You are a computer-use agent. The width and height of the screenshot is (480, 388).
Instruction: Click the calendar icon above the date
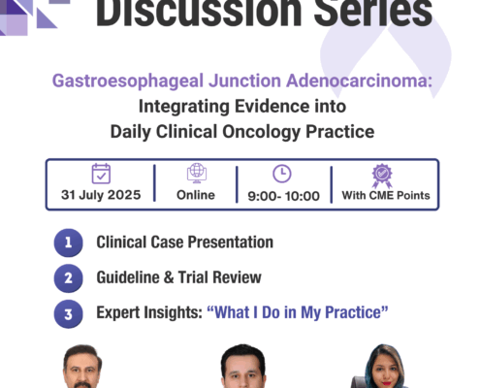tap(101, 174)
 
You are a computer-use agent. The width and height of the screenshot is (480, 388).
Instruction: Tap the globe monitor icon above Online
tap(197, 173)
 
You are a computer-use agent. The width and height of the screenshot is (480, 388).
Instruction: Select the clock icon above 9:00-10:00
tap(282, 174)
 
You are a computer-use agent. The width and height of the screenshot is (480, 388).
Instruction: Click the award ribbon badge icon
tap(382, 176)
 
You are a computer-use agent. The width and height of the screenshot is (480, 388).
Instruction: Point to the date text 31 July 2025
tap(101, 195)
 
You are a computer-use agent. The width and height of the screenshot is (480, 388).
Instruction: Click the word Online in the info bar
tap(196, 195)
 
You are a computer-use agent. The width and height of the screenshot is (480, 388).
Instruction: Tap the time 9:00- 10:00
tap(283, 196)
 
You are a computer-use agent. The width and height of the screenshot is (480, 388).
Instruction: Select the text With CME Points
tap(386, 195)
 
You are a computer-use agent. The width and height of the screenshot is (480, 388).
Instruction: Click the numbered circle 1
tap(68, 242)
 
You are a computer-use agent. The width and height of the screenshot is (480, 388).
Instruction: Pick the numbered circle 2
tap(68, 278)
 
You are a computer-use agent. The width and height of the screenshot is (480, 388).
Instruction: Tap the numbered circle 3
tap(68, 314)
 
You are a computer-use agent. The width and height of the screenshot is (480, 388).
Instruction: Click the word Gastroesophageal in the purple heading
tap(128, 81)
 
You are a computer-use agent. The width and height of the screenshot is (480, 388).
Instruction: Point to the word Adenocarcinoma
tap(359, 81)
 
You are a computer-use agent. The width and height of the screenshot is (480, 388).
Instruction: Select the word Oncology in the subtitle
tap(262, 132)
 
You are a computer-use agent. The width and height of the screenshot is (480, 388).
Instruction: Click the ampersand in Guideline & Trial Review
tap(169, 277)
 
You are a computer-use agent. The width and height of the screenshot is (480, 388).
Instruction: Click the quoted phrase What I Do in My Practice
tap(298, 312)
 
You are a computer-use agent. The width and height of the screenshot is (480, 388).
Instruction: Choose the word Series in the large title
tap(373, 13)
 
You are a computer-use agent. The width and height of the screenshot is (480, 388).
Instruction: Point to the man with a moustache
tap(82, 367)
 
